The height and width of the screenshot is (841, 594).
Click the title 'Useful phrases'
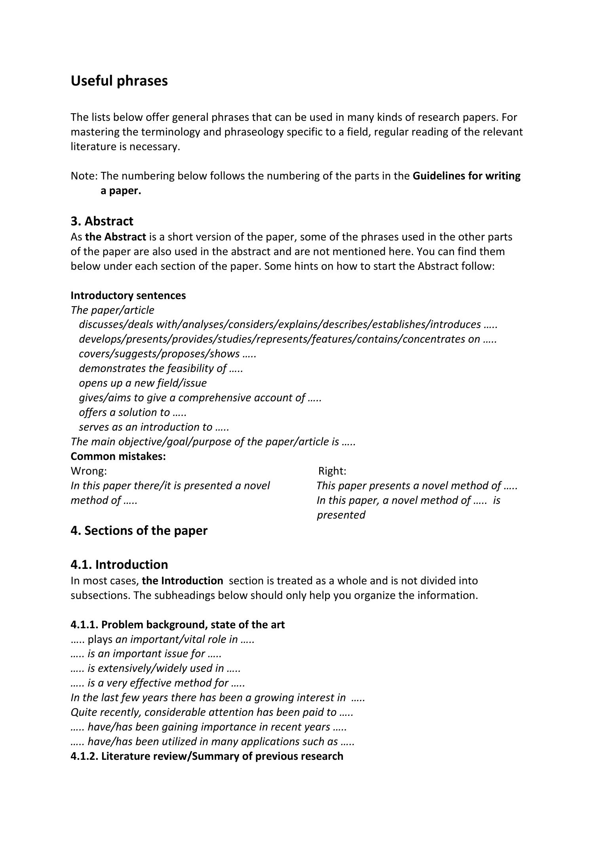119,81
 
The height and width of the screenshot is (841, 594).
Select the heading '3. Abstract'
102,221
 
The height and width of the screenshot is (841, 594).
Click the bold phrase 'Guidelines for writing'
466,176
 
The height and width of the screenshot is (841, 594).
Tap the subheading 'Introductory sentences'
128,296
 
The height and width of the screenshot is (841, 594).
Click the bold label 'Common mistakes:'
118,456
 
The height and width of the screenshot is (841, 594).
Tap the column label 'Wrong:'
89,471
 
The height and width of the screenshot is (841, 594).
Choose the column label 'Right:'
332,471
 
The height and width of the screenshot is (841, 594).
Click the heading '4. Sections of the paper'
139,531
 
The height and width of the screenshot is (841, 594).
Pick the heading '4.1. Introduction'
119,564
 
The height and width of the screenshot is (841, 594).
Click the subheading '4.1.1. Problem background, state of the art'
177,625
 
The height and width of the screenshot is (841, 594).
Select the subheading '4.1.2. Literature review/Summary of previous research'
207,756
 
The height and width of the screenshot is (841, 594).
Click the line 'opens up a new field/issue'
143,383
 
